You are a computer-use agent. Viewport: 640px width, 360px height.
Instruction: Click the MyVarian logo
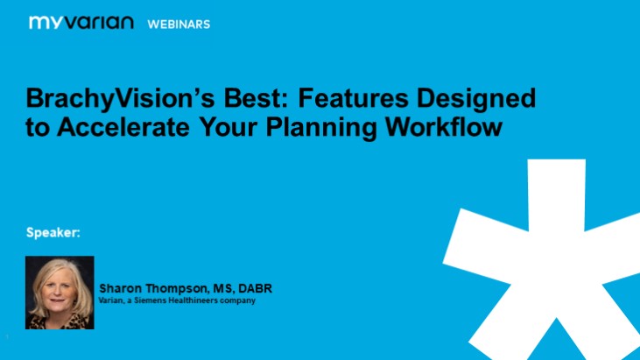tap(81, 23)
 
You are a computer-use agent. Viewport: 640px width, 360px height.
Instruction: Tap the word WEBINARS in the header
tap(179, 24)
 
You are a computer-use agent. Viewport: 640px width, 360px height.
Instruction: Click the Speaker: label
tap(53, 233)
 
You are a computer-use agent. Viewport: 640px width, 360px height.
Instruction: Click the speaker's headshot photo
tap(60, 292)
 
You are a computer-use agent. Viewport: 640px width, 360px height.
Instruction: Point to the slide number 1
tap(6, 337)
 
